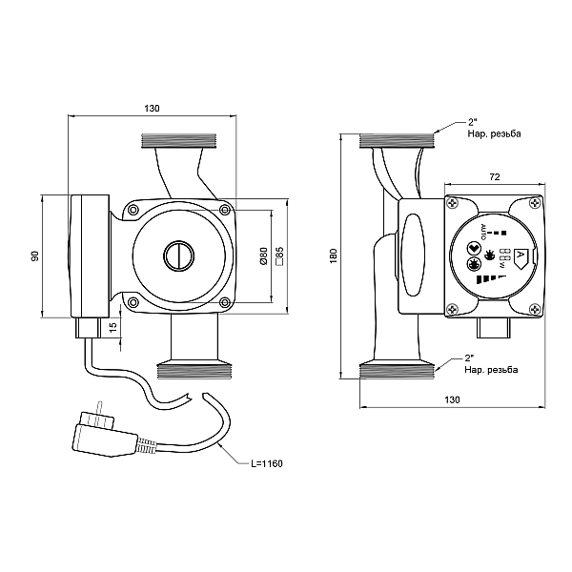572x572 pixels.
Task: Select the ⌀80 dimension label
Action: tap(264, 255)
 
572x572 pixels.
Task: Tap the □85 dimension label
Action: tap(278, 255)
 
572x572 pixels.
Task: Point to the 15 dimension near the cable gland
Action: tap(113, 327)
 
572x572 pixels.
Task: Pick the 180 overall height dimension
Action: tap(333, 256)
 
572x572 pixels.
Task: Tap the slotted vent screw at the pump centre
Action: tap(178, 255)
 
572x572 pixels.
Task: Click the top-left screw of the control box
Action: tap(455, 203)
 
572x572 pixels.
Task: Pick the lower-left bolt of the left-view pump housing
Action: tap(133, 302)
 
